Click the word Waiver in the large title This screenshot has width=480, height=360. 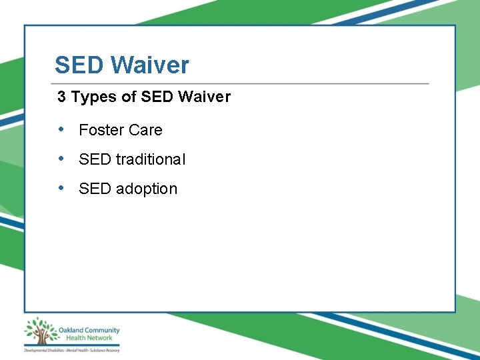150,65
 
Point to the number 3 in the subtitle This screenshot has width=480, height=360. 61,97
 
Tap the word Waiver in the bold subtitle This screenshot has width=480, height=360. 205,97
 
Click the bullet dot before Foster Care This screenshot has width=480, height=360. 61,129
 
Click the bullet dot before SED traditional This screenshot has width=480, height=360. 61,159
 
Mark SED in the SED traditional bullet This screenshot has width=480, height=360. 95,159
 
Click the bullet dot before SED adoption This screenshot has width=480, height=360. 61,188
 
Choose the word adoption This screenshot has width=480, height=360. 147,189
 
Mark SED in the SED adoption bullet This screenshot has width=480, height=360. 95,189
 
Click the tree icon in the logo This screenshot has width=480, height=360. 41,331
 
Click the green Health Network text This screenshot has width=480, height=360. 80,338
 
